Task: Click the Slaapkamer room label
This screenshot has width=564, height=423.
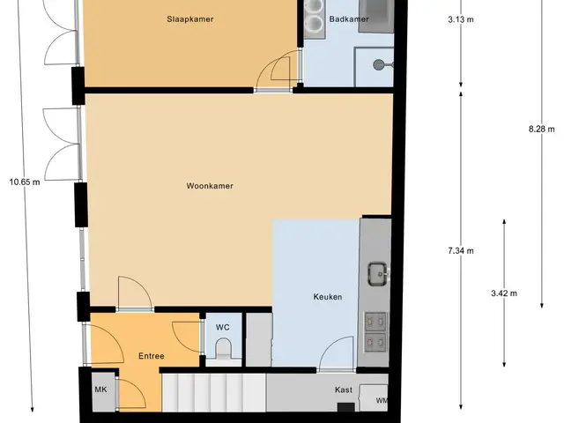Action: (190, 19)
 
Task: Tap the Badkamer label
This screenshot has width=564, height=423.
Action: (349, 19)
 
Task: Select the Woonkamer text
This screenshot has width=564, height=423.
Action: (210, 186)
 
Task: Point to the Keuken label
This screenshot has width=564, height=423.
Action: (328, 297)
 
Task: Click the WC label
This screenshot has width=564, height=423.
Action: (223, 327)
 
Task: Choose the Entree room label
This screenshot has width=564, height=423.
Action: (152, 356)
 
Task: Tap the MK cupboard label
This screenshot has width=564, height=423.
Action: (100, 390)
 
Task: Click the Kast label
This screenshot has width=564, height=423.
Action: (344, 390)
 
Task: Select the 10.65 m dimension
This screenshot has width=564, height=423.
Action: (25, 182)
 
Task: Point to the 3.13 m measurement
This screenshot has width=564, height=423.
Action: (461, 19)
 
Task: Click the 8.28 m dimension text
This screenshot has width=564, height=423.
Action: (542, 129)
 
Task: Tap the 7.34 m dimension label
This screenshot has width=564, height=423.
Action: (461, 250)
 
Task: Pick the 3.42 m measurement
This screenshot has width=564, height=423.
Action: (504, 293)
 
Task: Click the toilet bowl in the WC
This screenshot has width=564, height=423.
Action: (223, 348)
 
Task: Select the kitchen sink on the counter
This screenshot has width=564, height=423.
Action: (378, 274)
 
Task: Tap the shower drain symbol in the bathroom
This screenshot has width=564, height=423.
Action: (378, 64)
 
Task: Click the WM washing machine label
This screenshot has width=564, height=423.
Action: (382, 400)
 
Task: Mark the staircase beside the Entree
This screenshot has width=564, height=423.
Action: (214, 392)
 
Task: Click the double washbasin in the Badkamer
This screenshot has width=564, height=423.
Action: (315, 18)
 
